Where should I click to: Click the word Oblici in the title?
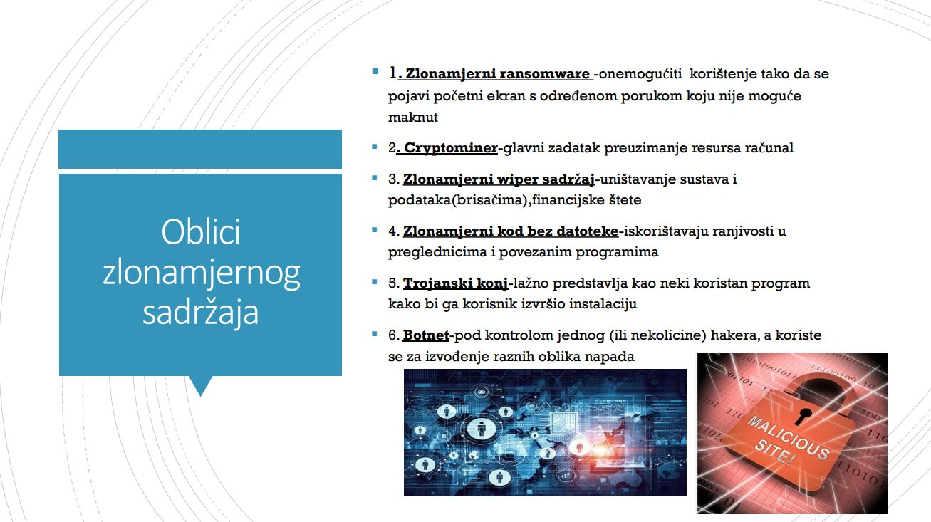click(x=201, y=231)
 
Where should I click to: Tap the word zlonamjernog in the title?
click(x=201, y=273)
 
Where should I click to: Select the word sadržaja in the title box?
click(x=201, y=312)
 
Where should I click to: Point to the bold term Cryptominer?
click(x=451, y=148)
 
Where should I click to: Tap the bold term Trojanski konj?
click(x=455, y=283)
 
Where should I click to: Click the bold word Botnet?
click(x=426, y=335)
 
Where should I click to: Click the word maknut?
click(x=413, y=118)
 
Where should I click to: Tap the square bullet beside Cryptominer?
click(x=375, y=146)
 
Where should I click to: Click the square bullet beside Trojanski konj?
click(x=375, y=282)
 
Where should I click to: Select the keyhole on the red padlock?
click(x=803, y=416)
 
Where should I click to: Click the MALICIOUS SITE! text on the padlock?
click(x=788, y=441)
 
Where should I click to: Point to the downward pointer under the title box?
click(x=201, y=386)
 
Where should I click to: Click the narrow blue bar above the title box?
click(x=200, y=150)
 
